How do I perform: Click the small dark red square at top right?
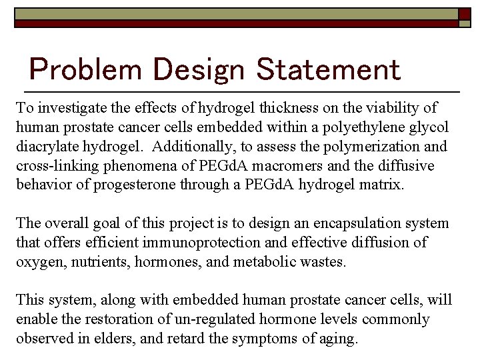click(464, 13)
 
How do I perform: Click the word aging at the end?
click(340, 339)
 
